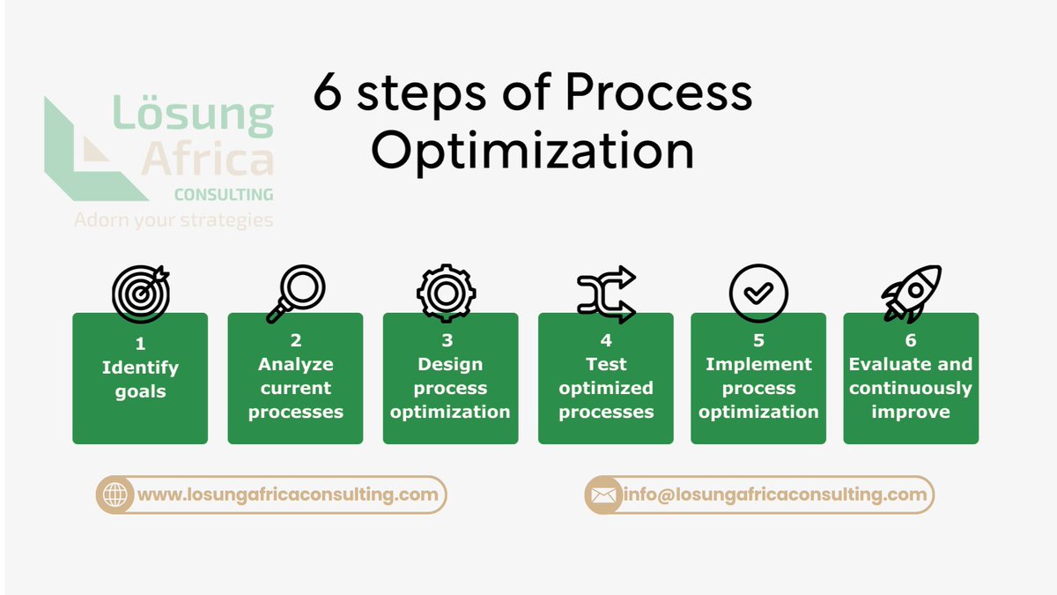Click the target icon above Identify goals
[x=140, y=294]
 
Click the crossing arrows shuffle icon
[x=606, y=294]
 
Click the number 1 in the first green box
[x=140, y=344]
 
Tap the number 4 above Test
[x=606, y=340]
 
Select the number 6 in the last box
[x=911, y=340]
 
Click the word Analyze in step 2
[x=295, y=364]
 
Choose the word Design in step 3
[x=450, y=364]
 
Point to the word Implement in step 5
[x=758, y=364]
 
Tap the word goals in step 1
[x=140, y=391]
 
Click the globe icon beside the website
[x=115, y=495]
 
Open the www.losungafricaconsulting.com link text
[x=287, y=495]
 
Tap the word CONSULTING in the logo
[x=223, y=194]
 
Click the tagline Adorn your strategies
[x=174, y=219]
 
